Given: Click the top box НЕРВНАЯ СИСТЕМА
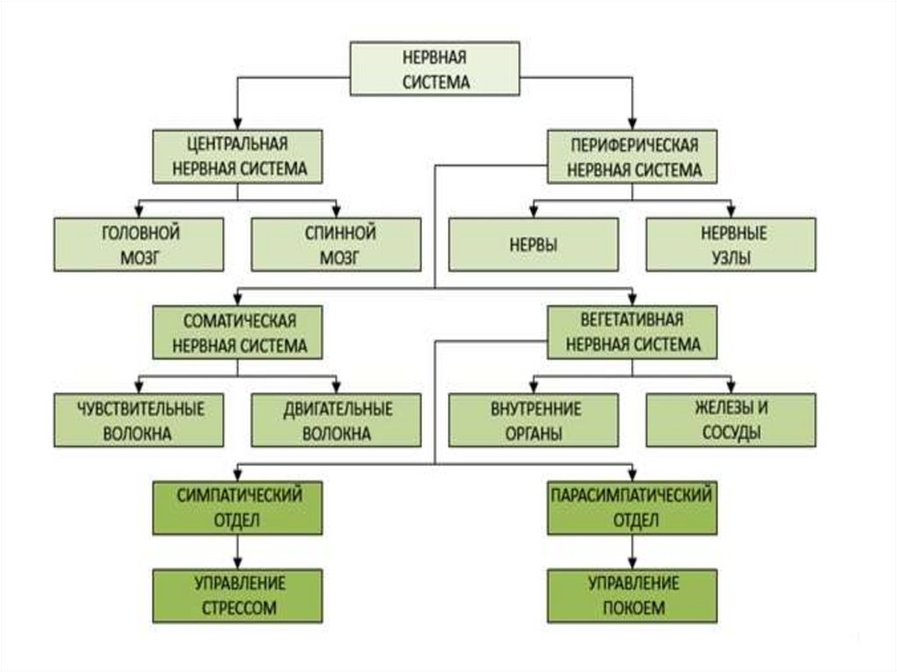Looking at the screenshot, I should [x=436, y=68].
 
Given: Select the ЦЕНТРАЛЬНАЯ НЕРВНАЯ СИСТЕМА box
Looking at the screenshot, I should [x=237, y=156].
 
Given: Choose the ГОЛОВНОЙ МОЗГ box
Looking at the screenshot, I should [x=138, y=244].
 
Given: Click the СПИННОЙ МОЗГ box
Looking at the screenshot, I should [x=336, y=244].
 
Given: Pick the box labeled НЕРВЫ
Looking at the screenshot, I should [x=533, y=244].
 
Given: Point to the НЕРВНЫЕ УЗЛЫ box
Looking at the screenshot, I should [x=731, y=244].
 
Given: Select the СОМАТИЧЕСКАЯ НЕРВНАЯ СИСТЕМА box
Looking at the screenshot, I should [x=237, y=332].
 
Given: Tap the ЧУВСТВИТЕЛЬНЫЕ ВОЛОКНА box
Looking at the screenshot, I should [x=138, y=420].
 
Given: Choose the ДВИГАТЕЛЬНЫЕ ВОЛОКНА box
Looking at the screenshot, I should [x=336, y=420].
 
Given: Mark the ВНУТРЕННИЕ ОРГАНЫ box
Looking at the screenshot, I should [x=533, y=420].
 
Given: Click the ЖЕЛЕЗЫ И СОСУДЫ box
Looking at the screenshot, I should [x=731, y=420].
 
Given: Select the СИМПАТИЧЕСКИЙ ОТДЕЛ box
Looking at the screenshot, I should [x=237, y=507].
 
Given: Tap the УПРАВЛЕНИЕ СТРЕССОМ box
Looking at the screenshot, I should [x=237, y=595].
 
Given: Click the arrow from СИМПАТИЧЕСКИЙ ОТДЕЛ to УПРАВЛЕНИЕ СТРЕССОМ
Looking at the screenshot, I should [x=237, y=551].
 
